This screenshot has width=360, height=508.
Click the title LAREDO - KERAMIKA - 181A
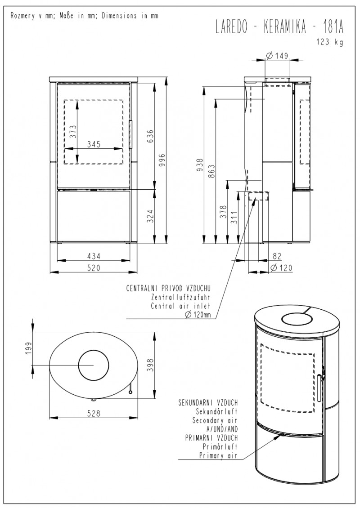279,27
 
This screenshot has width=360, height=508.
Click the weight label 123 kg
330,42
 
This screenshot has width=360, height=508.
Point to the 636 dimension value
151,136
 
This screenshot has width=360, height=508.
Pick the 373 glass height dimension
73,132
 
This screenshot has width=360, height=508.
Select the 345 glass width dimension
94,144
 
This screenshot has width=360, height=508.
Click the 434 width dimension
93,256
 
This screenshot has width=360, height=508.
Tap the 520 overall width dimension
93,268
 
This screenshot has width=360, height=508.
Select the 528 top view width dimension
94,413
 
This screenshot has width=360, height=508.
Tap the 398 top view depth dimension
151,365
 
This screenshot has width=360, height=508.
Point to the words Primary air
218,455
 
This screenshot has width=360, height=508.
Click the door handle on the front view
131,135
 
